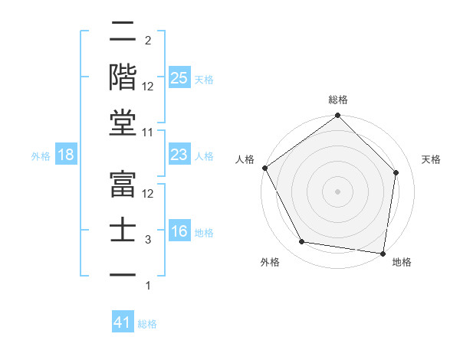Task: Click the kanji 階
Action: (x=123, y=77)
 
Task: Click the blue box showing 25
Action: (x=179, y=77)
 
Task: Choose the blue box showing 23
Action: (x=179, y=155)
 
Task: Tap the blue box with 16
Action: (x=179, y=232)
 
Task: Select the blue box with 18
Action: (x=66, y=155)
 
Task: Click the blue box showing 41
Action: (x=123, y=322)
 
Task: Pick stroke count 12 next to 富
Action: (x=148, y=194)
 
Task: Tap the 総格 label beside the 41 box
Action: (x=147, y=324)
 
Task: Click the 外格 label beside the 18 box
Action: (x=41, y=156)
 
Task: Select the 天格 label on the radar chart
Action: (x=431, y=159)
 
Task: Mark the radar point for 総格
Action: (x=337, y=116)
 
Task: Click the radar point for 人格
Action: (x=264, y=168)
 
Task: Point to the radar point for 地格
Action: (x=383, y=253)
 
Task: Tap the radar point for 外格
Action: (x=302, y=242)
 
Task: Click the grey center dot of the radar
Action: (x=337, y=191)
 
